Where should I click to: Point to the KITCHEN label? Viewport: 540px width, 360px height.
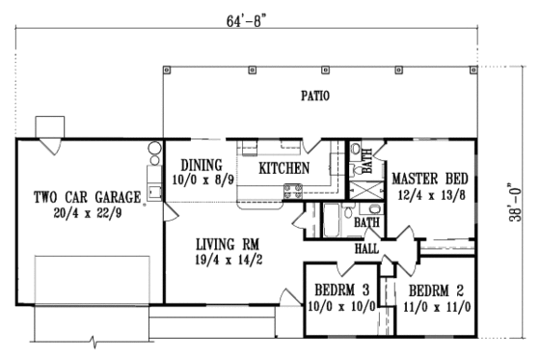pyautogui.click(x=283, y=169)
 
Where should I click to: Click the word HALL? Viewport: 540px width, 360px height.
pyautogui.click(x=366, y=248)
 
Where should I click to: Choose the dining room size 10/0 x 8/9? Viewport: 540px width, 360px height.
pyautogui.click(x=201, y=179)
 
